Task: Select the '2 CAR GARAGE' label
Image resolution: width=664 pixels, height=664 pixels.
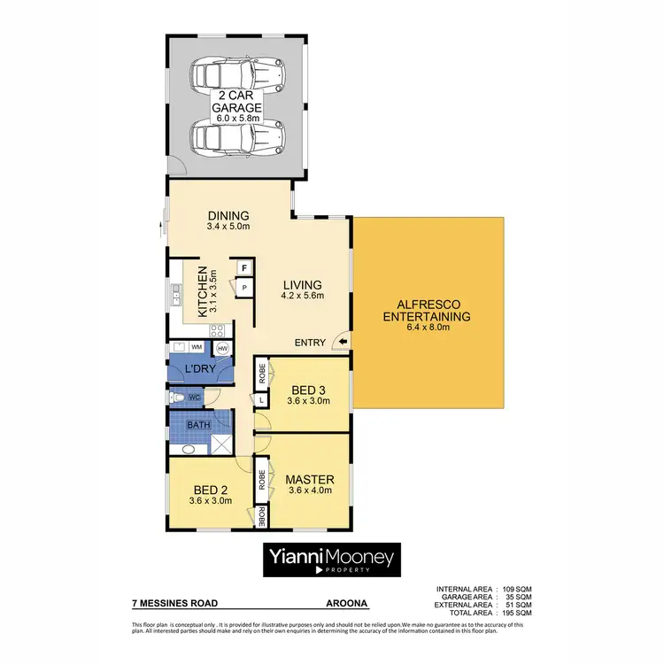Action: (235, 105)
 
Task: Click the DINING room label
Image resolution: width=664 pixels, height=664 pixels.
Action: (228, 215)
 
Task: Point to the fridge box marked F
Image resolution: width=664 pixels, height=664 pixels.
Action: (243, 266)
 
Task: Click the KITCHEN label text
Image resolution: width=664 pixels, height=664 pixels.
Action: (202, 292)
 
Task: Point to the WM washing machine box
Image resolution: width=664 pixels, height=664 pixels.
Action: (197, 348)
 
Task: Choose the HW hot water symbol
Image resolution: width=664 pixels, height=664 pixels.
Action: (223, 349)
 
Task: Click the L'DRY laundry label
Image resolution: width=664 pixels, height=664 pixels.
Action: (201, 369)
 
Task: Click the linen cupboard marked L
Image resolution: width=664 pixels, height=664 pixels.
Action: (262, 400)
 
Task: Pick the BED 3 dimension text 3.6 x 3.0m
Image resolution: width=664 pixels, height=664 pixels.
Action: (308, 400)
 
